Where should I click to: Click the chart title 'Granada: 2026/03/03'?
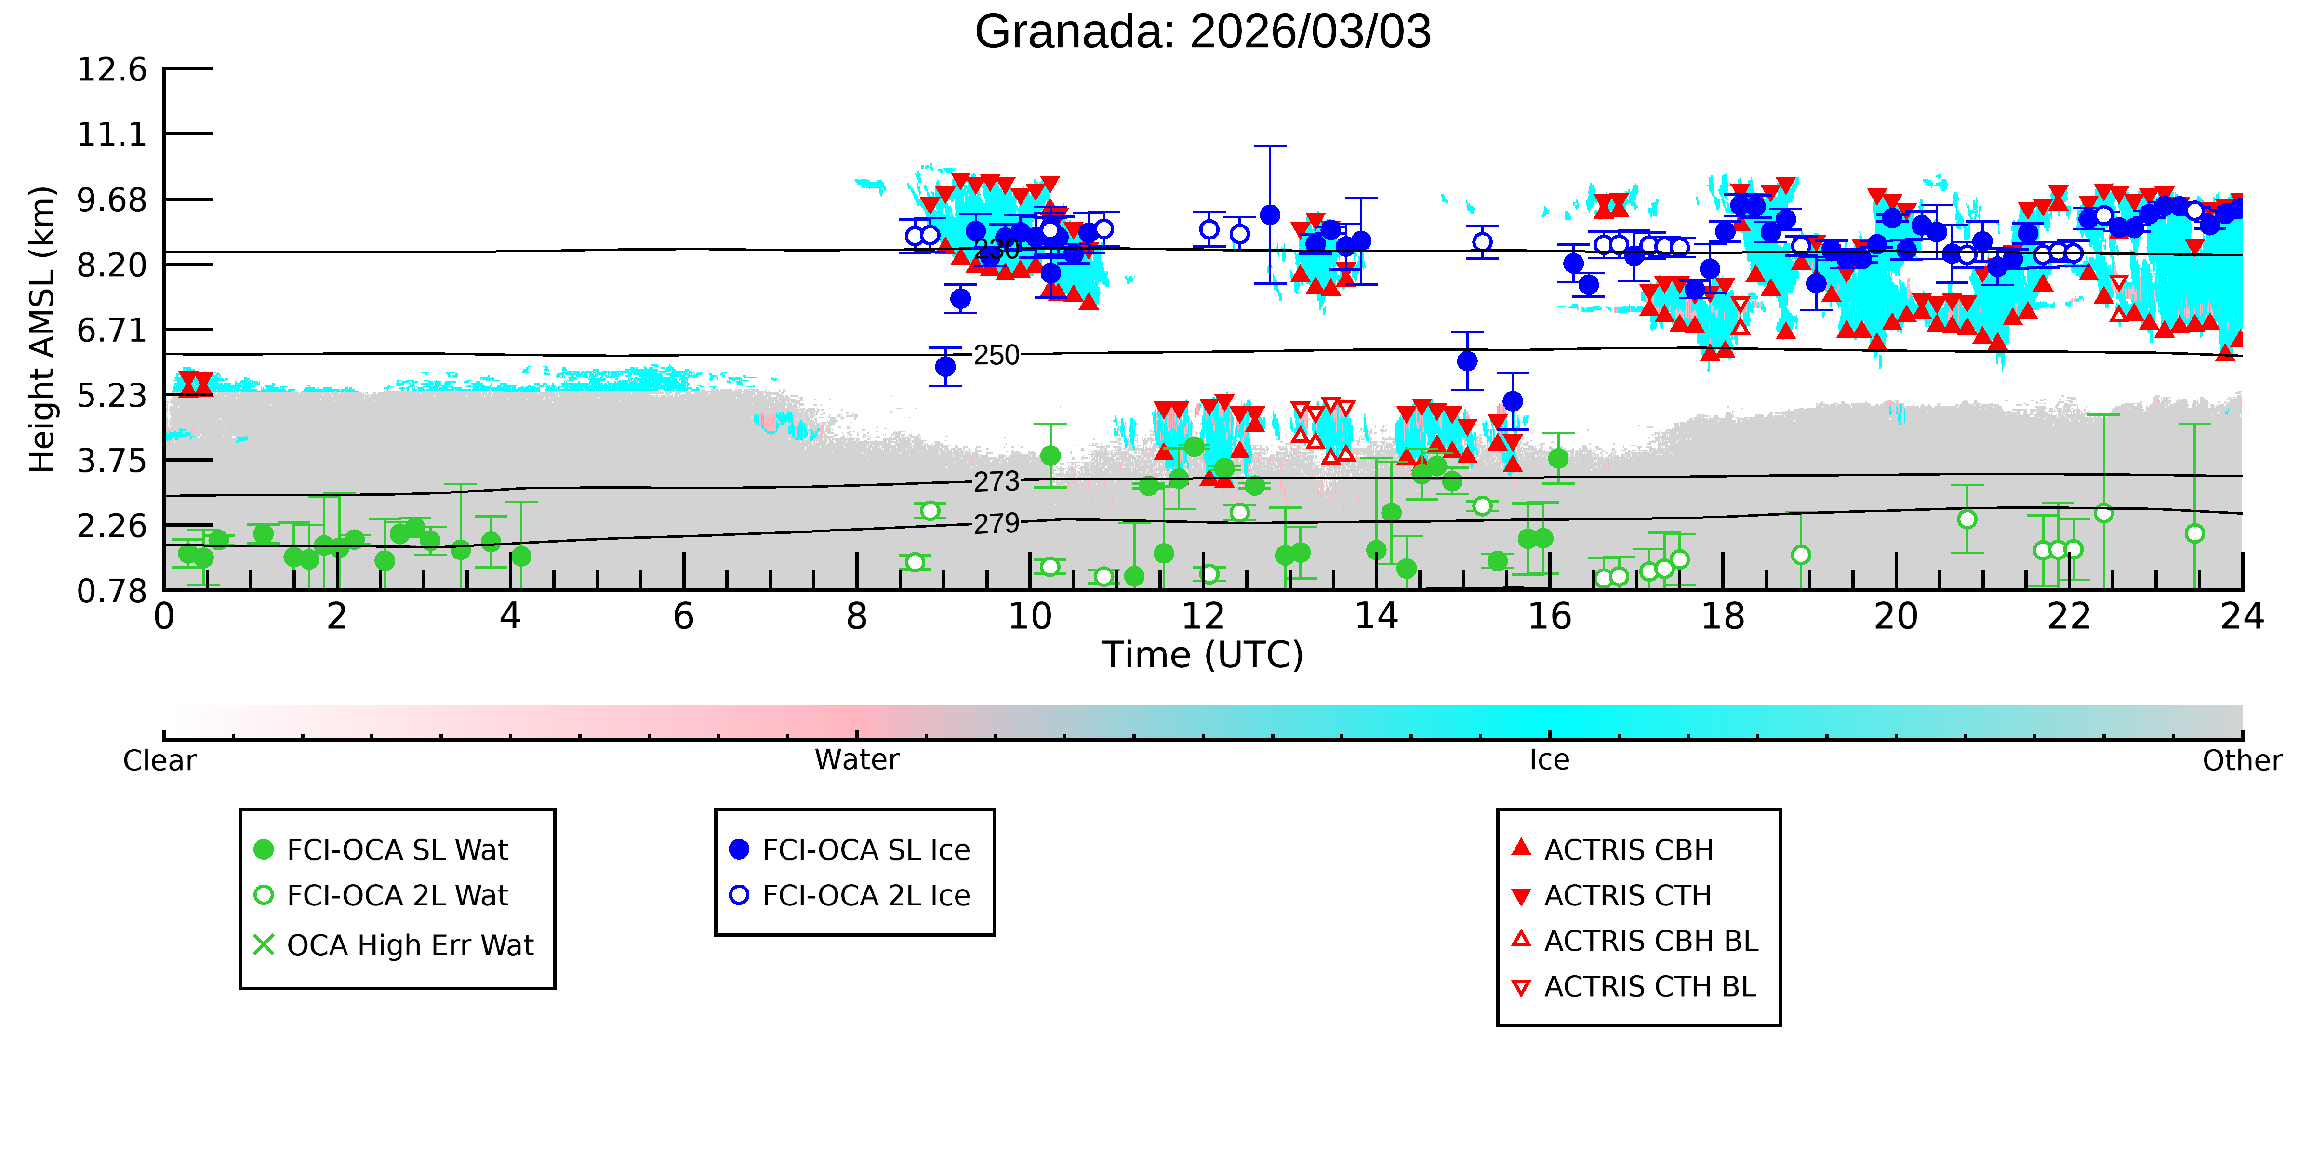click(1203, 32)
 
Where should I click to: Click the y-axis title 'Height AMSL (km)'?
click(42, 330)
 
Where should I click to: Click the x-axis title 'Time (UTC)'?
click(1203, 655)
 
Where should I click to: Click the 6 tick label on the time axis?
click(684, 617)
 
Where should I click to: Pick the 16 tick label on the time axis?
click(1550, 617)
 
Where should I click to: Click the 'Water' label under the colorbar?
click(857, 760)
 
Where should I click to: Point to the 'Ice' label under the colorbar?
click(1550, 760)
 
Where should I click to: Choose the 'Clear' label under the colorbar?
click(160, 760)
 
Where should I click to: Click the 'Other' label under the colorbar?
click(2242, 760)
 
